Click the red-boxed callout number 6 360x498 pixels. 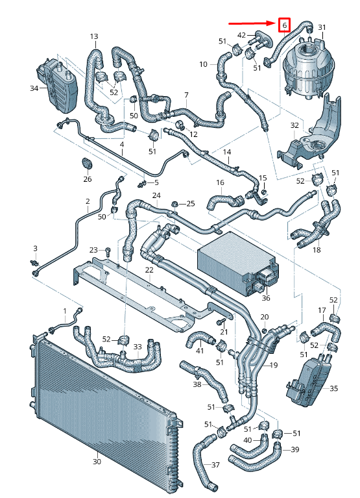tap(283, 25)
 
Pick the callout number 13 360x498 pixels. tap(94, 36)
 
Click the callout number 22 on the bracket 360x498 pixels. tap(149, 269)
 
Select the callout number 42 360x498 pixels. tap(241, 35)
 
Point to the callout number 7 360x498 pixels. tap(186, 95)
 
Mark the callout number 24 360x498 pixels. tap(156, 195)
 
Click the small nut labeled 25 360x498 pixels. tap(174, 205)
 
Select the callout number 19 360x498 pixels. tap(273, 366)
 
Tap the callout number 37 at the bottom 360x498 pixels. tap(216, 465)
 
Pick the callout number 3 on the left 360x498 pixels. tap(36, 248)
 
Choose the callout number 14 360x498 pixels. tap(227, 153)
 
